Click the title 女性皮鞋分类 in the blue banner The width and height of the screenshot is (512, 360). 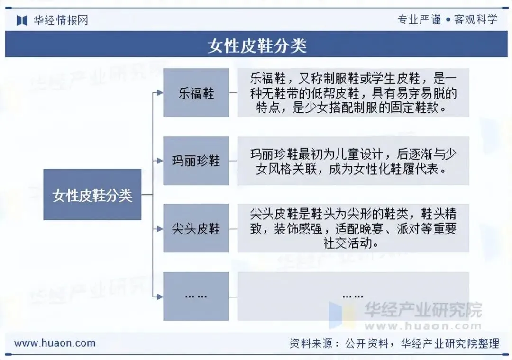click(256, 45)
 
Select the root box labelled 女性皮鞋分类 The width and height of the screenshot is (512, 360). click(92, 195)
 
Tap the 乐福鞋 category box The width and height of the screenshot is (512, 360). click(196, 93)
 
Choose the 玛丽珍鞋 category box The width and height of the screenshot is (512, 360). click(196, 161)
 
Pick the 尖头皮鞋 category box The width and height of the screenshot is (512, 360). click(196, 229)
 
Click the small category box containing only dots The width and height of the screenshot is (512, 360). click(196, 297)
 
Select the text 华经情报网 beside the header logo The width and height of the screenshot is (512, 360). click(61, 20)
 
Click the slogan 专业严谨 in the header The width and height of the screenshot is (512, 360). click(419, 19)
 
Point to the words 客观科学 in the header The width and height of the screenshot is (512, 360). click(475, 19)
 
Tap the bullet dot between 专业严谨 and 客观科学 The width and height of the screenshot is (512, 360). click(447, 20)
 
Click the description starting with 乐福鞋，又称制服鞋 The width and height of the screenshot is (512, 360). click(353, 93)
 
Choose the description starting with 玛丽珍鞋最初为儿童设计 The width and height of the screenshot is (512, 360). click(353, 161)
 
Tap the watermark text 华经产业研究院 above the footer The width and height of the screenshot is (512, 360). click(422, 310)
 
